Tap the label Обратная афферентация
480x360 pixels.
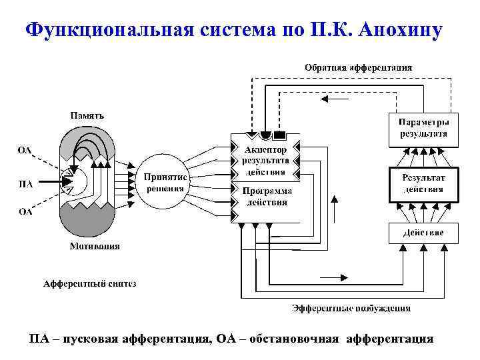tap(358, 67)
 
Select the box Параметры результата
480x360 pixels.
tap(423, 129)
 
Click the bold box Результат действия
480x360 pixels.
tap(423, 183)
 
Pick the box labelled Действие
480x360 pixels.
tap(423, 233)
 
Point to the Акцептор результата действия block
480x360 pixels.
tap(265, 161)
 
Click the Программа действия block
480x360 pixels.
tap(265, 197)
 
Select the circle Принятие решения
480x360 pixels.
tap(165, 183)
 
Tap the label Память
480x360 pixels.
tap(87, 116)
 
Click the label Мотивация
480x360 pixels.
tap(95, 246)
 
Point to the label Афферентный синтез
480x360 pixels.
tap(90, 284)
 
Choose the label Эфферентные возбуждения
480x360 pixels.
tap(351, 308)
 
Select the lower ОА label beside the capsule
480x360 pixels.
tap(25, 213)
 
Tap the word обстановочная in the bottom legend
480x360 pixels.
tap(295, 339)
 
